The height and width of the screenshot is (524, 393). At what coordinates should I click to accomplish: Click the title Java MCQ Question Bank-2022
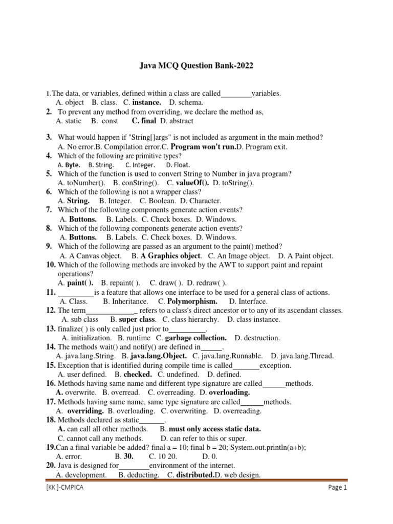coord(196,66)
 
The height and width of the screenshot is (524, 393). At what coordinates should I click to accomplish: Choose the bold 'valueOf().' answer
coord(192,183)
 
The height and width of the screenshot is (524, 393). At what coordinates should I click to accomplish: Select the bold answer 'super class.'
coord(137,319)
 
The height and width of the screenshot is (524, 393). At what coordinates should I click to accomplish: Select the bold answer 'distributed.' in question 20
coord(195,475)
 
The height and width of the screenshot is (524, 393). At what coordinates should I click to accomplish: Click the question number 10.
coord(51,265)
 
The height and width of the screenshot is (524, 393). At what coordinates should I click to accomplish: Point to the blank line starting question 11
coord(76,293)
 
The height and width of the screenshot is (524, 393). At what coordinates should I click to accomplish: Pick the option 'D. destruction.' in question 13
coord(257,338)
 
